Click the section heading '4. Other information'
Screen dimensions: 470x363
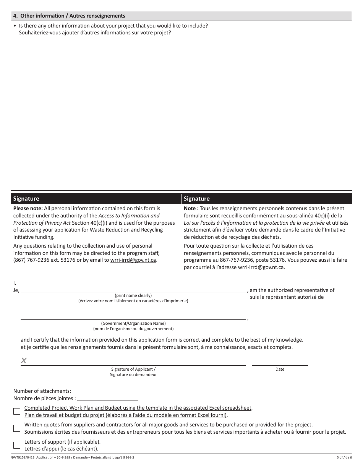[69, 16]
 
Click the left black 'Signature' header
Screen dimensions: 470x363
[26, 199]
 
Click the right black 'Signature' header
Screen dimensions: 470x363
[196, 199]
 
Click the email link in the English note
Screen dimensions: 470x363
[133, 260]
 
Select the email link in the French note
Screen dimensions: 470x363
[261, 267]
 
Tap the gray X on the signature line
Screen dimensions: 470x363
[24, 360]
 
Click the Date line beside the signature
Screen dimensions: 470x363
[280, 362]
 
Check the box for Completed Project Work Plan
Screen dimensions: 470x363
[17, 412]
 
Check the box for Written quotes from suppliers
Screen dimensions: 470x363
[17, 428]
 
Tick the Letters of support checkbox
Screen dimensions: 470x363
[17, 445]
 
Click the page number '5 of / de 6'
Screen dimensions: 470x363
[343, 458]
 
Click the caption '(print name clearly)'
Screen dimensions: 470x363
[133, 295]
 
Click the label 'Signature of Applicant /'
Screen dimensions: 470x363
[133, 369]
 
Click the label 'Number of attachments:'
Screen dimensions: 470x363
[42, 391]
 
